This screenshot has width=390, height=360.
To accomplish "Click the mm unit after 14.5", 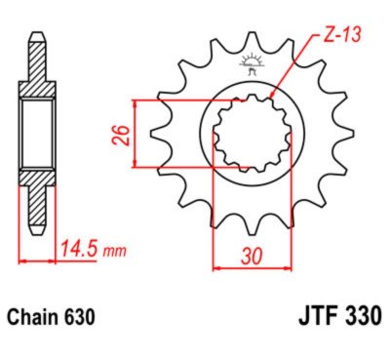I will pyautogui.click(x=115, y=253).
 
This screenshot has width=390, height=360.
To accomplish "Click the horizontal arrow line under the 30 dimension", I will pyautogui.click(x=252, y=264).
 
